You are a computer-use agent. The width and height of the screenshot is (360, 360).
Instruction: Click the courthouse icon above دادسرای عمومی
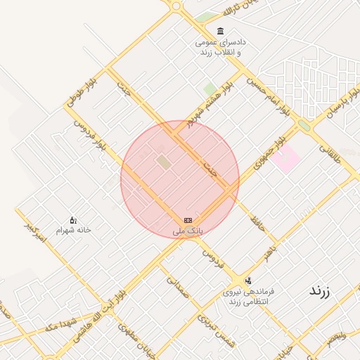221,32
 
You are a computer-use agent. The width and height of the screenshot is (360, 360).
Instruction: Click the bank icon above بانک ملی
188,220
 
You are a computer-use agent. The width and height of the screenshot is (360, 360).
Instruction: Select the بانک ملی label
188,231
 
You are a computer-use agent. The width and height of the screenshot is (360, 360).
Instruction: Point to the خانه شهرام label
73,230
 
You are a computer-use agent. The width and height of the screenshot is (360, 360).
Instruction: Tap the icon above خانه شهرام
73,220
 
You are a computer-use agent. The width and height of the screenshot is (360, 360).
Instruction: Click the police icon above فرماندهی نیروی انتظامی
247,281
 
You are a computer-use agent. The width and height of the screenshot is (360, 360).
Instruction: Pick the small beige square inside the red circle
164,162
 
